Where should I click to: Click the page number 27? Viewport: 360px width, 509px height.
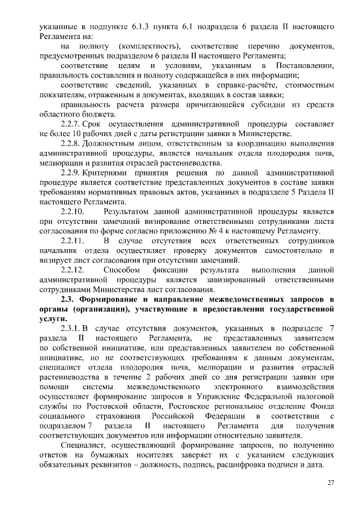pyautogui.click(x=331, y=483)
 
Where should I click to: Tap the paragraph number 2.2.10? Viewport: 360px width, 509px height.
pyautogui.click(x=74, y=211)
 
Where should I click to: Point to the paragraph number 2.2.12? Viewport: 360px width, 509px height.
pyautogui.click(x=74, y=270)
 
